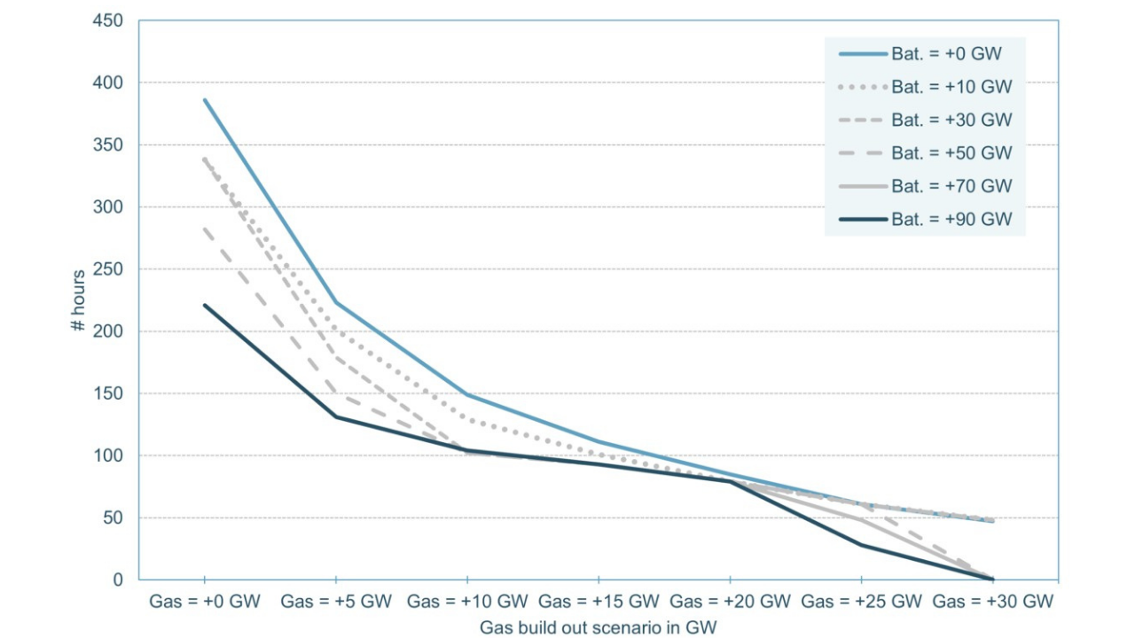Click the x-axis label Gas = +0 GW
tap(205, 602)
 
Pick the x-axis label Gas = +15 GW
tap(599, 602)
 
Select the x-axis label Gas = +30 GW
tap(992, 602)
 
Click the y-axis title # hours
tap(79, 300)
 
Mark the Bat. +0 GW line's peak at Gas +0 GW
tap(205, 100)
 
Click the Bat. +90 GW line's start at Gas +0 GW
tap(205, 305)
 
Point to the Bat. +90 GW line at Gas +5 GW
tap(336, 416)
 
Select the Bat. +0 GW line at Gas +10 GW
tap(467, 394)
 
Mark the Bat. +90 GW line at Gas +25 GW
tap(861, 544)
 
